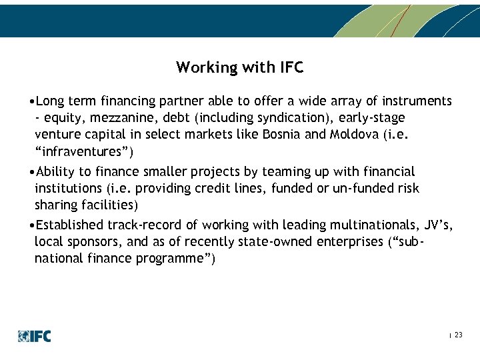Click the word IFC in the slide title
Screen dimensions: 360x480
point(290,67)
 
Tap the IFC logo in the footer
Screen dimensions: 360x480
point(35,336)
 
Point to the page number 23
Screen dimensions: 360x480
point(458,335)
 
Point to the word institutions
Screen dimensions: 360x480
point(67,189)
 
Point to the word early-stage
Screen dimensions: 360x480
point(372,118)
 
